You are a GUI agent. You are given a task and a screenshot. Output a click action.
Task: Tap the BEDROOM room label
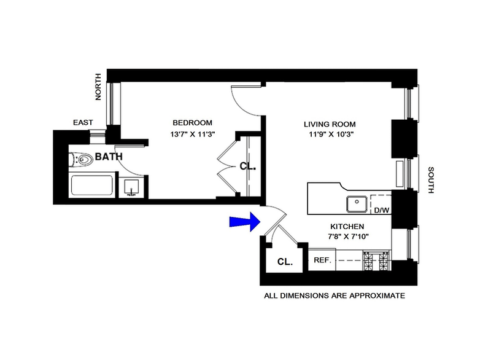(x=192, y=122)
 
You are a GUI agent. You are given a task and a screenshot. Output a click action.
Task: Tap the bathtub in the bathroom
(x=93, y=186)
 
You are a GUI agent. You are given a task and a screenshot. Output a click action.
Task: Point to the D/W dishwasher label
(x=382, y=210)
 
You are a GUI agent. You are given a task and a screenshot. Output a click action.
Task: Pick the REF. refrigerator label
(x=322, y=260)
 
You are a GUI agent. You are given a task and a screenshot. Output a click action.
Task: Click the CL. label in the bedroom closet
(x=247, y=166)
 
